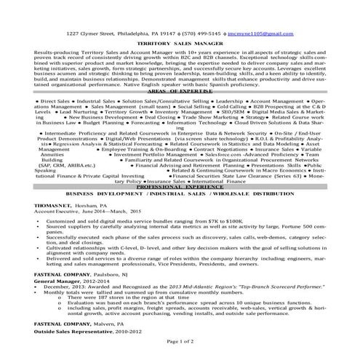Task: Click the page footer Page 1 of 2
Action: pyautogui.click(x=180, y=352)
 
